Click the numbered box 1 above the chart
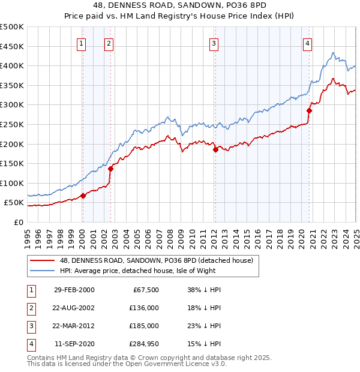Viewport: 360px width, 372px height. [x=81, y=43]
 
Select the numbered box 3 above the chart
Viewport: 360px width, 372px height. [x=214, y=43]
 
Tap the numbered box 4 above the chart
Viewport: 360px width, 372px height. [x=307, y=43]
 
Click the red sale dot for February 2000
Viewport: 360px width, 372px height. [x=83, y=196]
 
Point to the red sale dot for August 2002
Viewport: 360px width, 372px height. [x=110, y=169]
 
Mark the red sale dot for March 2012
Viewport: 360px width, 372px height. [x=215, y=150]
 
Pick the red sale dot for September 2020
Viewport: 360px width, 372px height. [x=310, y=110]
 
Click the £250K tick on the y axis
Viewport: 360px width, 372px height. [x=12, y=124]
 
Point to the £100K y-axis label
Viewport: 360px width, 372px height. [x=12, y=183]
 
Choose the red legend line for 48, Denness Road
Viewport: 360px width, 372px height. [x=43, y=260]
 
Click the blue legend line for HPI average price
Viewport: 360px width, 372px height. [x=43, y=271]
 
